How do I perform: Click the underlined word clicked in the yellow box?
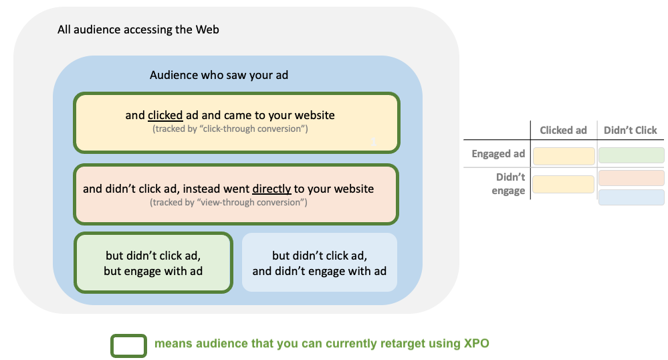coord(165,115)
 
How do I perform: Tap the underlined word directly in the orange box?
coord(271,189)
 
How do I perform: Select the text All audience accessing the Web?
coord(138,29)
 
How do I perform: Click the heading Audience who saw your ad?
coord(219,75)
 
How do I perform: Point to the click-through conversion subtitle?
coord(230,128)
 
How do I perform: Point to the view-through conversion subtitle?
coord(229,202)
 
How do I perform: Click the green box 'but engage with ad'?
coord(153,263)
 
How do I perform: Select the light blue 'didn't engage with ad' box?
coord(319,263)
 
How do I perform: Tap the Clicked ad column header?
coord(563,130)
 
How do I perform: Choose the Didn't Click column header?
coord(630,130)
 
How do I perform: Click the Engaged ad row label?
coord(498,154)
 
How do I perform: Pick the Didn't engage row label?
coord(510,184)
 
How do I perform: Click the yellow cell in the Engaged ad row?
coord(563,156)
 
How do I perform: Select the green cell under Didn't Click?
coord(631,155)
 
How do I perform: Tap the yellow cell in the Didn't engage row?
coord(563,184)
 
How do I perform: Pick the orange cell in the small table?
coord(631,178)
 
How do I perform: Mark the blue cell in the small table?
coord(631,197)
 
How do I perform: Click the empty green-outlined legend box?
coord(128,345)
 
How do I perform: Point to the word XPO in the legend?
coord(476,344)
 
